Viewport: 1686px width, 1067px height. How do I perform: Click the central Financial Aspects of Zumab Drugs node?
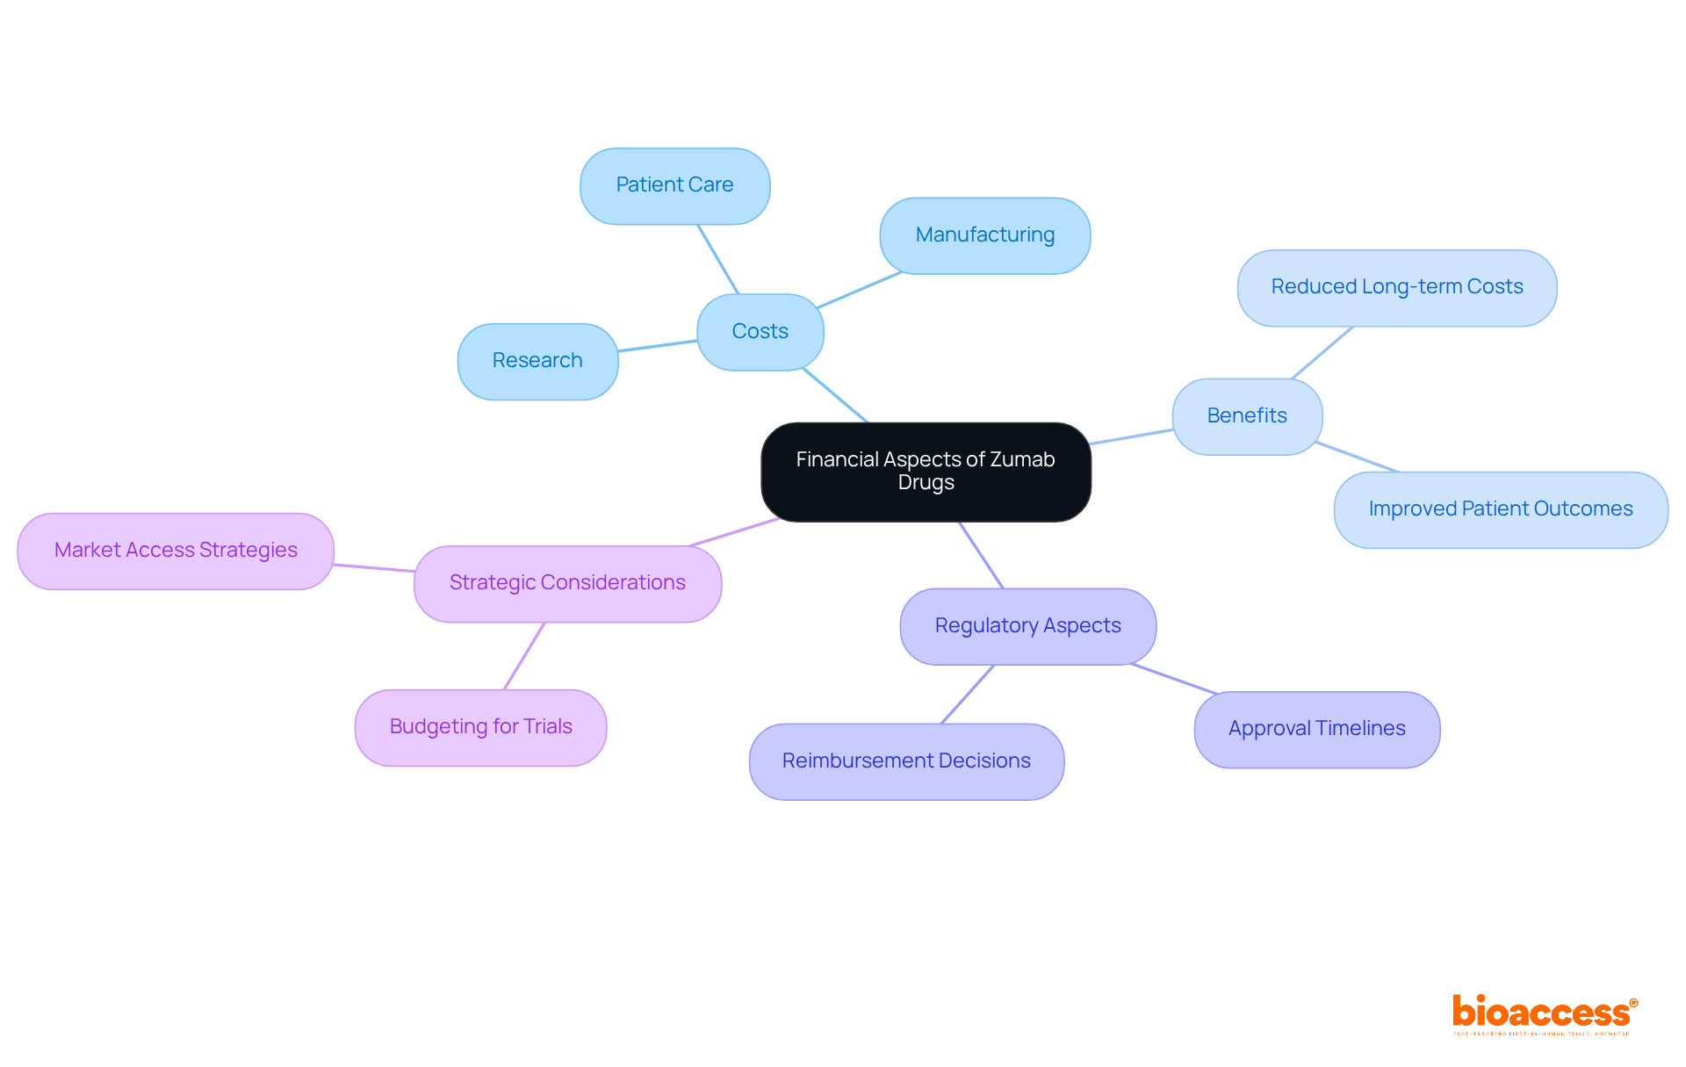[926, 472]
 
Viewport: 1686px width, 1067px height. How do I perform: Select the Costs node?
[760, 332]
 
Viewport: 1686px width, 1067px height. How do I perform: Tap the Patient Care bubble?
[674, 185]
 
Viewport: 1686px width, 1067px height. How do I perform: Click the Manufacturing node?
[984, 235]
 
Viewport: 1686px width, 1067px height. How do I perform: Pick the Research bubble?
[537, 361]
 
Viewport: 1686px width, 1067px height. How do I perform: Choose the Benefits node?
[1247, 416]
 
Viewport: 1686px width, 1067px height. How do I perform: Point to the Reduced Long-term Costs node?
[1396, 287]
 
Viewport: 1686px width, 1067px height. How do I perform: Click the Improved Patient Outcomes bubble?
[1500, 509]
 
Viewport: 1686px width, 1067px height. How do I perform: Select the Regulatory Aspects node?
[1027, 626]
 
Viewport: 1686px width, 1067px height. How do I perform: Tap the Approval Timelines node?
[1316, 729]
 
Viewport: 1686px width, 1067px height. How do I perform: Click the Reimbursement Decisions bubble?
[906, 761]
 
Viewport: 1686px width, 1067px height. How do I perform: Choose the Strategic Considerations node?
[567, 583]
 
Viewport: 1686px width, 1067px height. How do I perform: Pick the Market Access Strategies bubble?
[176, 551]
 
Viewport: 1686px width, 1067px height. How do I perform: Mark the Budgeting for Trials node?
[480, 727]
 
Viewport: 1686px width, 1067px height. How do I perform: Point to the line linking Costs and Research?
[658, 346]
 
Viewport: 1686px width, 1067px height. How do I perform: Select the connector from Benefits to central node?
[1132, 436]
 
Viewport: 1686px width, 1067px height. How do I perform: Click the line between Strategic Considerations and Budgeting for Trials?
[524, 656]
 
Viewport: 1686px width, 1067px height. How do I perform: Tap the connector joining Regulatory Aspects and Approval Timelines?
[1174, 679]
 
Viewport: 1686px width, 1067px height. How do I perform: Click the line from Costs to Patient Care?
[717, 259]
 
